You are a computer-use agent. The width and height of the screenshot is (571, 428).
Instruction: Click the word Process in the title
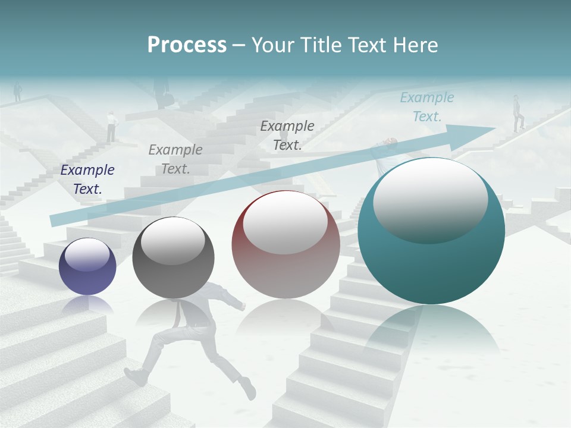pos(187,45)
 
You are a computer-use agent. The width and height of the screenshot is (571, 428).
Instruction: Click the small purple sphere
pos(87,266)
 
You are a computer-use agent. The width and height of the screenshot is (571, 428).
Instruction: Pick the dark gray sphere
pos(173,257)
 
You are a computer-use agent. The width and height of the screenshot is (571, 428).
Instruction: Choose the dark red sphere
pos(285,244)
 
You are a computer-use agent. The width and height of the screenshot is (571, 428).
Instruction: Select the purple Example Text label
pos(87,180)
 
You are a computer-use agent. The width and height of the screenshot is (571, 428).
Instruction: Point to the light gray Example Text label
pos(175,159)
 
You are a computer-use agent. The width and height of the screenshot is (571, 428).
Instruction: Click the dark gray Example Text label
pos(287,135)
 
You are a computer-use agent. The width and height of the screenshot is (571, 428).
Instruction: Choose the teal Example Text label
pos(427,107)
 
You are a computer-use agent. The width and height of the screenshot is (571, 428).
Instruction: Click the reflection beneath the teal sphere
pos(431,333)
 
